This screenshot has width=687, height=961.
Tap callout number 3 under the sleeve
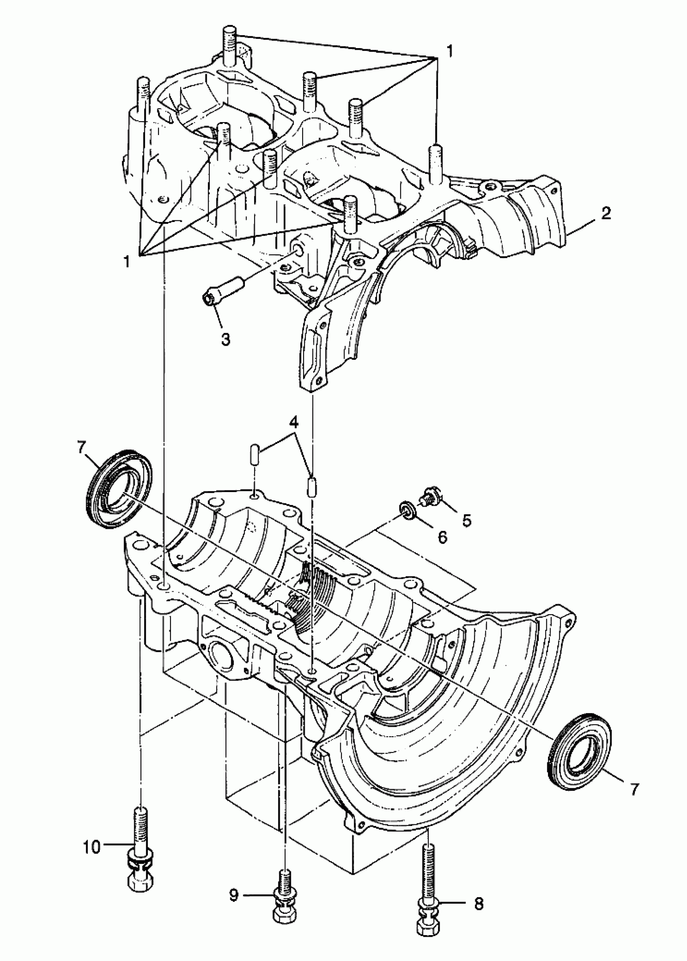coord(225,338)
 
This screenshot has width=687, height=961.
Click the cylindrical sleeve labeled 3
coord(223,289)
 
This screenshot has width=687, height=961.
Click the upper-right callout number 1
coord(449,51)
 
